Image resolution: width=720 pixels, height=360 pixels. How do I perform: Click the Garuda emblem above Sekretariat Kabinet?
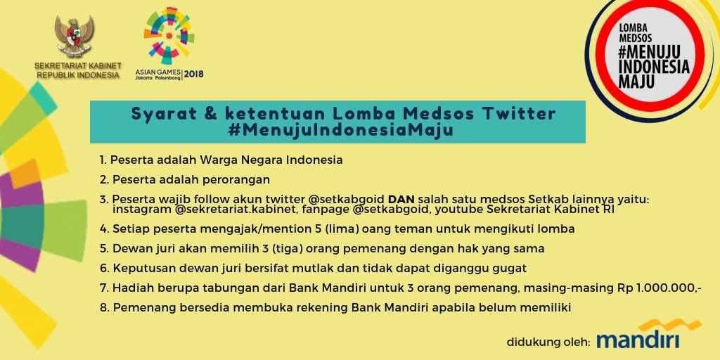point(75,37)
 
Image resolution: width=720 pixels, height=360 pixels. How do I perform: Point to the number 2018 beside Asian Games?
point(194,73)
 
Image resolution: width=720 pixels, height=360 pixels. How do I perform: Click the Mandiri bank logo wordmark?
point(638,340)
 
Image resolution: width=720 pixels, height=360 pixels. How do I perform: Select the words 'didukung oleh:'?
point(548,342)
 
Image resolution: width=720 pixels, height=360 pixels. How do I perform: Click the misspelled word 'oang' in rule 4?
point(387,229)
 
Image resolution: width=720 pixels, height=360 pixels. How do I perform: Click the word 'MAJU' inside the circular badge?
point(637,81)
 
